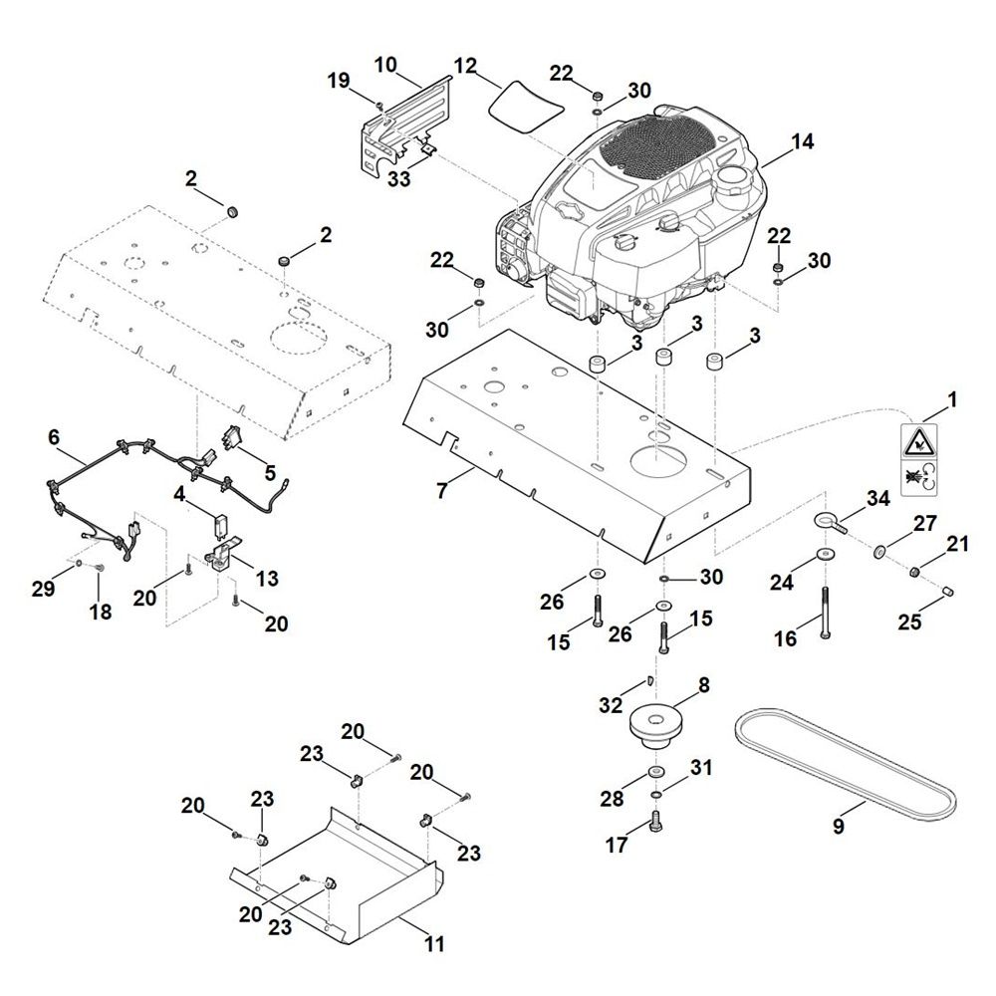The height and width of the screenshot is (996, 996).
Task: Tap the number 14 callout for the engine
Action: click(803, 142)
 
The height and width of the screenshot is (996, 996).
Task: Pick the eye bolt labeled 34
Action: click(831, 520)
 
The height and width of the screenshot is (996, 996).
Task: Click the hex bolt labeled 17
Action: click(655, 821)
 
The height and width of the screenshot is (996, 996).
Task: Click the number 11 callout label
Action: click(435, 941)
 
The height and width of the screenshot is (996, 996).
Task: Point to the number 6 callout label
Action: click(54, 436)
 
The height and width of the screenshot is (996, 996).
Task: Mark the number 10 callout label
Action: click(385, 66)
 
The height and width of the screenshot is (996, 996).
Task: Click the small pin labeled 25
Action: click(948, 594)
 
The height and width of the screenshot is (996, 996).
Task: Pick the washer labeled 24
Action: click(827, 554)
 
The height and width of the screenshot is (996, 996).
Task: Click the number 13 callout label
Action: click(267, 578)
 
